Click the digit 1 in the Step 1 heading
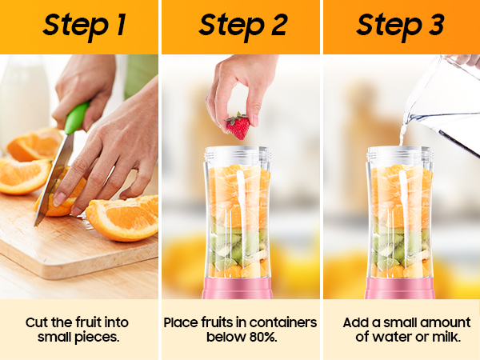122,25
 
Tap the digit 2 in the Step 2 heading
279,25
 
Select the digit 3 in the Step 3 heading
436,25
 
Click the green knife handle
76,118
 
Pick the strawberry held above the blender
238,126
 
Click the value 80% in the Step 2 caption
263,337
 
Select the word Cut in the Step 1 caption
37,322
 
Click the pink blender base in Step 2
238,288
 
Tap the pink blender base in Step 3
399,288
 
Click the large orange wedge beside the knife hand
122,218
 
